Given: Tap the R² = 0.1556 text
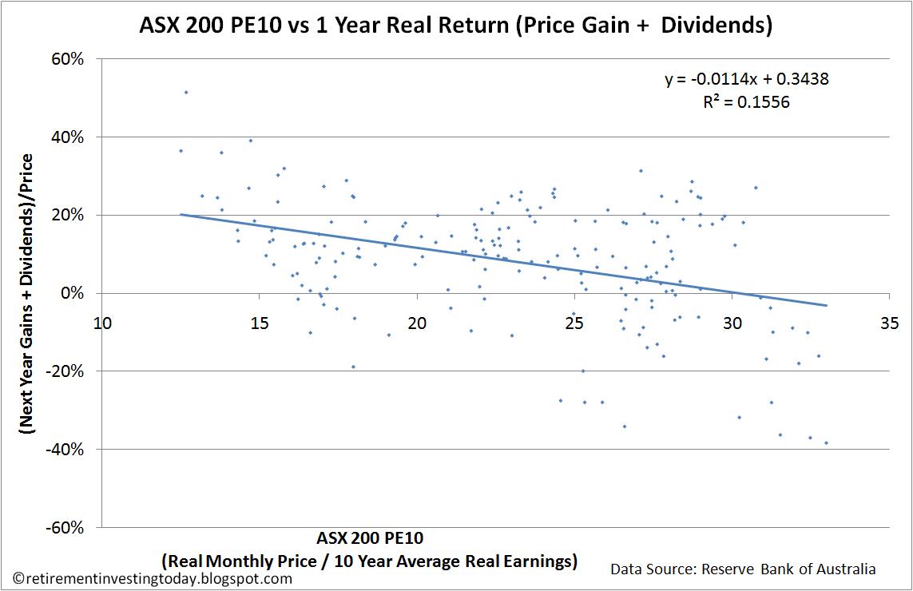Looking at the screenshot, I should click(735, 102).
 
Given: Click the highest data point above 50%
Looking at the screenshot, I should click(186, 93).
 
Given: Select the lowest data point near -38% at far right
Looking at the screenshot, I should click(826, 442).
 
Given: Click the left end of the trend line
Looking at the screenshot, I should click(181, 215).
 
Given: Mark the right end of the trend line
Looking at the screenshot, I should click(826, 305).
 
